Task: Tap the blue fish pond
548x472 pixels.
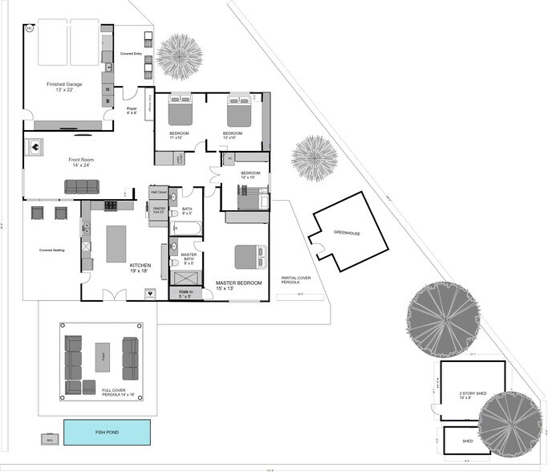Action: pyautogui.click(x=111, y=433)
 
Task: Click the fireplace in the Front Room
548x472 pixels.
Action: pyautogui.click(x=35, y=147)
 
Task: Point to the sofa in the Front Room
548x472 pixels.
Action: pyautogui.click(x=81, y=186)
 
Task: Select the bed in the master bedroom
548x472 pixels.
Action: pyautogui.click(x=249, y=258)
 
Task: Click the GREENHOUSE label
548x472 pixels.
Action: pyautogui.click(x=347, y=233)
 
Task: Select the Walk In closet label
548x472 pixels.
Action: pyautogui.click(x=184, y=294)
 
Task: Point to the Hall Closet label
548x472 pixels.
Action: pyautogui.click(x=158, y=192)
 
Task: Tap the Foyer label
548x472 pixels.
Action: pyautogui.click(x=132, y=110)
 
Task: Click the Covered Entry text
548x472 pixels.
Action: pyautogui.click(x=132, y=53)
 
